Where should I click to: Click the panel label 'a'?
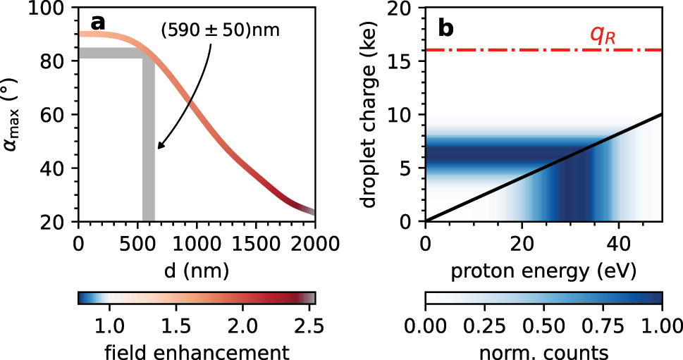point(97,23)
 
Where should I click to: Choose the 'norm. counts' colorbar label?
point(543,350)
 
